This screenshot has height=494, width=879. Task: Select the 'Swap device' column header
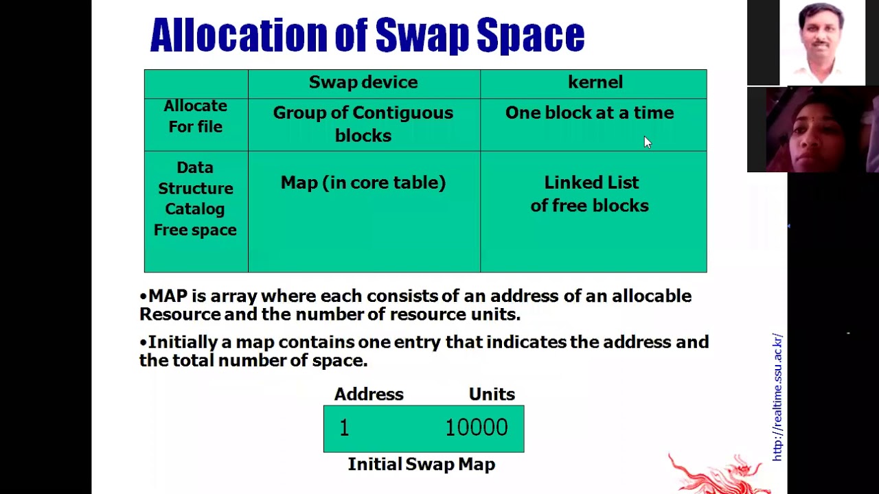pyautogui.click(x=363, y=82)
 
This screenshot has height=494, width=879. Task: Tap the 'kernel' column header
pyautogui.click(x=595, y=82)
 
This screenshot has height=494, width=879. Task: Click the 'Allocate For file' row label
pyautogui.click(x=196, y=116)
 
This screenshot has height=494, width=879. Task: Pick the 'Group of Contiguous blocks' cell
pyautogui.click(x=363, y=124)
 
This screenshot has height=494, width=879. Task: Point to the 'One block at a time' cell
pyautogui.click(x=589, y=113)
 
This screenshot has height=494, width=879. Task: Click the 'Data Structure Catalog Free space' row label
pyautogui.click(x=196, y=198)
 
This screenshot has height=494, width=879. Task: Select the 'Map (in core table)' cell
pyautogui.click(x=363, y=183)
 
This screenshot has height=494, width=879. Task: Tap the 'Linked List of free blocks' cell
pyautogui.click(x=590, y=193)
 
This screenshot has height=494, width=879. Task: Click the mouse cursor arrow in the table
pyautogui.click(x=646, y=141)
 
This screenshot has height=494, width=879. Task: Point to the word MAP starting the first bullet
pyautogui.click(x=168, y=296)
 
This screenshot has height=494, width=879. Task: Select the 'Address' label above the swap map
pyautogui.click(x=369, y=395)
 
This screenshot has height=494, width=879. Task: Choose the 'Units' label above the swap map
pyautogui.click(x=492, y=395)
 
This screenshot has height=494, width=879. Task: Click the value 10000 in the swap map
pyautogui.click(x=477, y=428)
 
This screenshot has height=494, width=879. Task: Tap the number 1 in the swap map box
pyautogui.click(x=344, y=428)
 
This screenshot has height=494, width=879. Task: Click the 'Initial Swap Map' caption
pyautogui.click(x=422, y=464)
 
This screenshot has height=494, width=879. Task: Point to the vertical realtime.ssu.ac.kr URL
pyautogui.click(x=777, y=397)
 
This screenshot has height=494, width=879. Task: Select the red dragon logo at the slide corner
pyautogui.click(x=718, y=473)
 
